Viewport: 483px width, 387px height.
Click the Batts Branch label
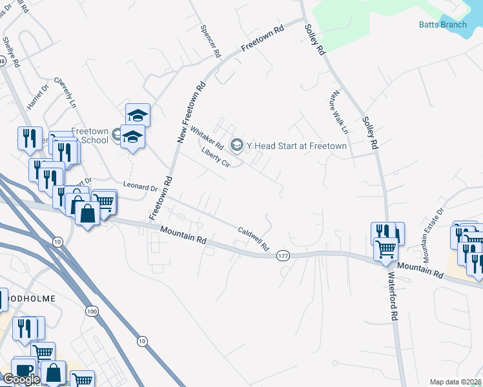pyautogui.click(x=442, y=25)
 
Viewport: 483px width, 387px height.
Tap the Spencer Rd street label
pyautogui.click(x=211, y=40)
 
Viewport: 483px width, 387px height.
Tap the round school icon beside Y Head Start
pyautogui.click(x=236, y=145)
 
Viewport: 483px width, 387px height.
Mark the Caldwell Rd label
pyautogui.click(x=253, y=238)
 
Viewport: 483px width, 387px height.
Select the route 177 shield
pyautogui.click(x=282, y=256)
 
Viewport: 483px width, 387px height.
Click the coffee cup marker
pyautogui.click(x=23, y=370)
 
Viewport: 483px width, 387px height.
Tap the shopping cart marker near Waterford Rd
pyautogui.click(x=385, y=248)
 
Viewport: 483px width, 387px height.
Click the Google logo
pyautogui.click(x=21, y=379)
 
